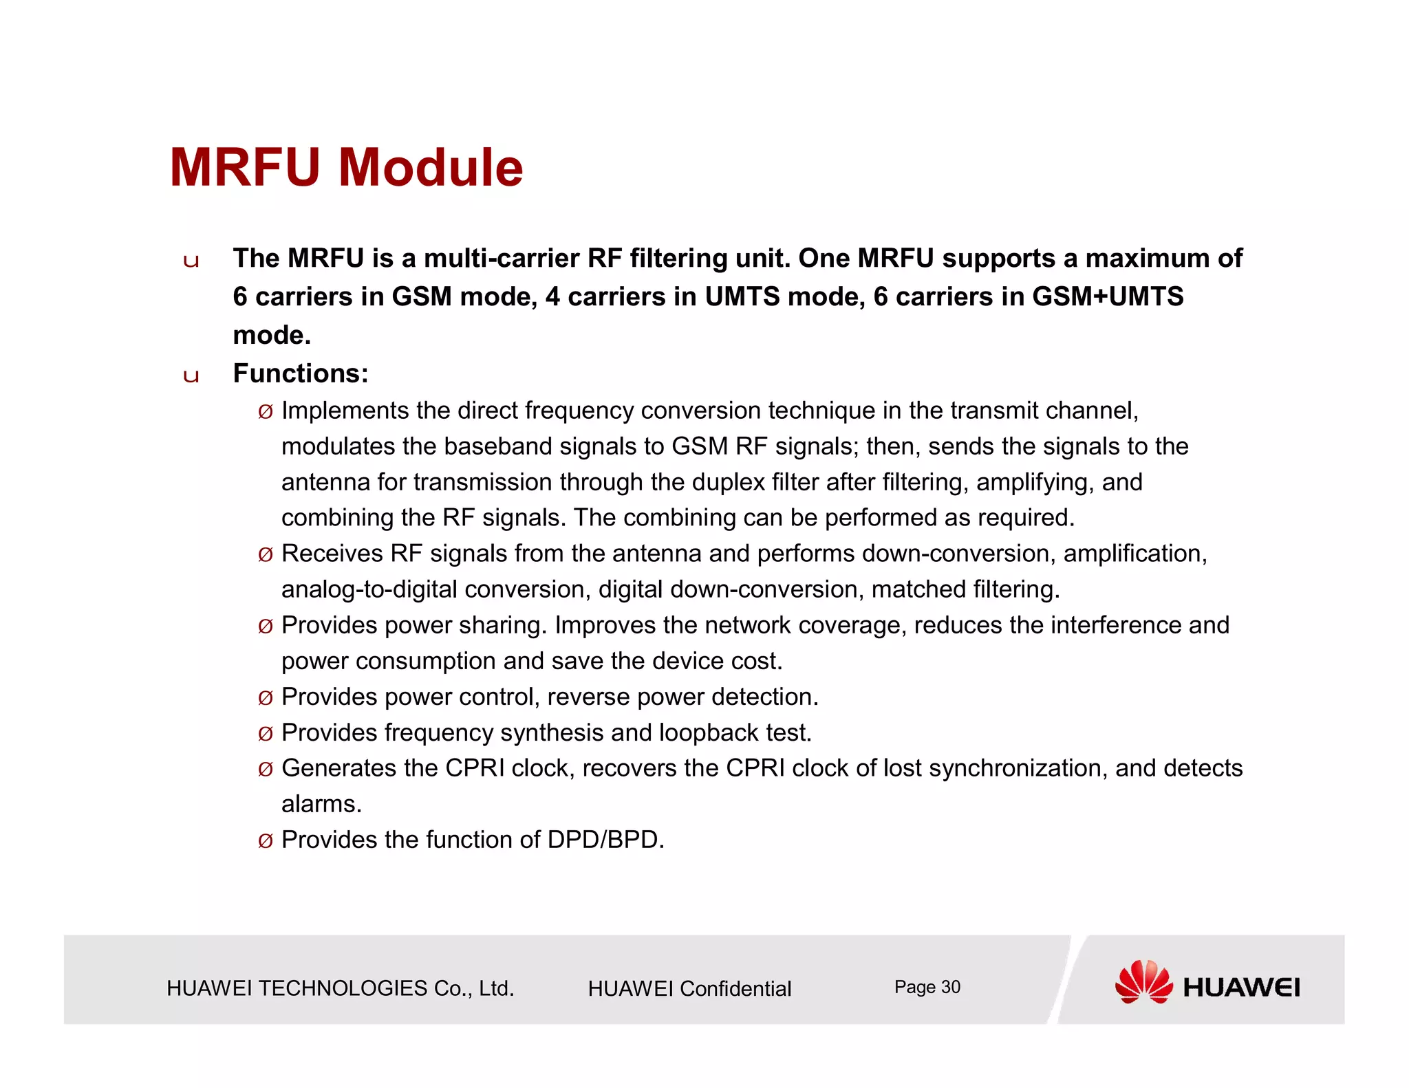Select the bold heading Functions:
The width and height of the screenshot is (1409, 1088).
301,373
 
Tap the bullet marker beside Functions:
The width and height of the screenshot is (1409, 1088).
191,376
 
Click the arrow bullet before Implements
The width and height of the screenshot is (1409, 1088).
265,412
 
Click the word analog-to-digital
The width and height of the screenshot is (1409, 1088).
369,589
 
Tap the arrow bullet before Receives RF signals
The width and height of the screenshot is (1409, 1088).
265,555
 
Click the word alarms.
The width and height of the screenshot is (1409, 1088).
321,804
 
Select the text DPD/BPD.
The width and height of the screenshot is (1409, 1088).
605,840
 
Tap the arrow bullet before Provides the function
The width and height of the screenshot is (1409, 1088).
265,841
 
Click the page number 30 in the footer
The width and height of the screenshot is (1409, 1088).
950,987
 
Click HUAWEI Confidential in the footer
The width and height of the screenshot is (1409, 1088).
689,988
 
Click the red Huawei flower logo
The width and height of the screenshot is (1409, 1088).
1143,981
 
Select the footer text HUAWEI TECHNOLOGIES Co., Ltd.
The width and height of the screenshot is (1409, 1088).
340,988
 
